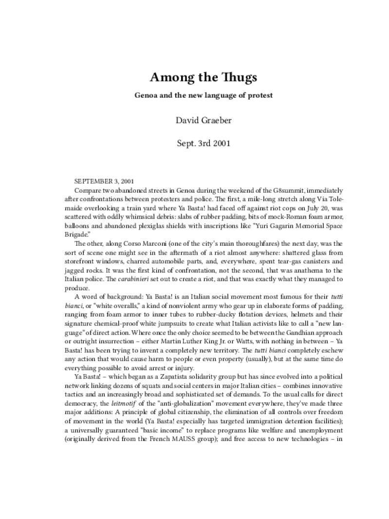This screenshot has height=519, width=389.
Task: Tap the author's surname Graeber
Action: coord(212,120)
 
